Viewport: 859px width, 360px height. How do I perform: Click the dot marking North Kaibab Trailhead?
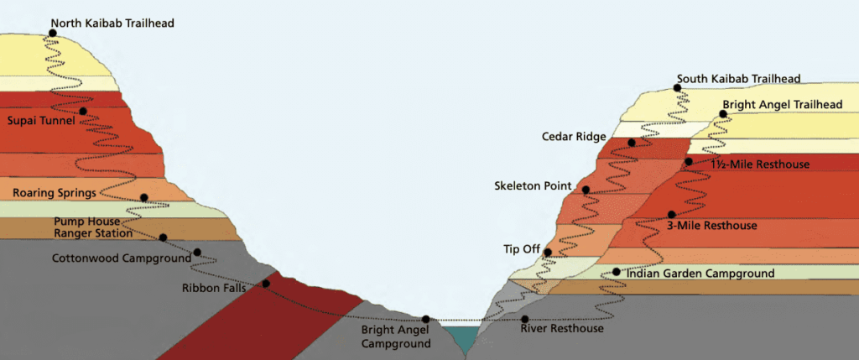coord(53,33)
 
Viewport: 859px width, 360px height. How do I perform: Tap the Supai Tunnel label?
coord(41,121)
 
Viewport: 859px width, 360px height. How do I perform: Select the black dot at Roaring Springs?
coord(144,198)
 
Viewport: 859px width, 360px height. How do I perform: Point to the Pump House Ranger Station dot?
coord(162,237)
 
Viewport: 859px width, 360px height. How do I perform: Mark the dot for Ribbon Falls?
coord(265,284)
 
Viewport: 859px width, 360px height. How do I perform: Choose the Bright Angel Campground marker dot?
coord(426,319)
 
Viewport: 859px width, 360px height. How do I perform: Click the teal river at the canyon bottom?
coord(461,337)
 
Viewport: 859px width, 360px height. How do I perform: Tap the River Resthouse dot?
coord(525,319)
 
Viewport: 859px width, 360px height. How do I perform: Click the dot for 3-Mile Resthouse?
coord(670,214)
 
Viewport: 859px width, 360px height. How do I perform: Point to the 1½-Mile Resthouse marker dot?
coord(689,161)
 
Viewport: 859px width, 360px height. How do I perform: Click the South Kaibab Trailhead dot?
coord(678,87)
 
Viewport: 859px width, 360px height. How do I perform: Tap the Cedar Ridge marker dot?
coord(631,143)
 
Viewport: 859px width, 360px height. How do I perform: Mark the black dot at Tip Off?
coord(548,252)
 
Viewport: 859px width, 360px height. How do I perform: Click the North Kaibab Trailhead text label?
coord(112,23)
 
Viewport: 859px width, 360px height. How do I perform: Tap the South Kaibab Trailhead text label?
coord(739,79)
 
